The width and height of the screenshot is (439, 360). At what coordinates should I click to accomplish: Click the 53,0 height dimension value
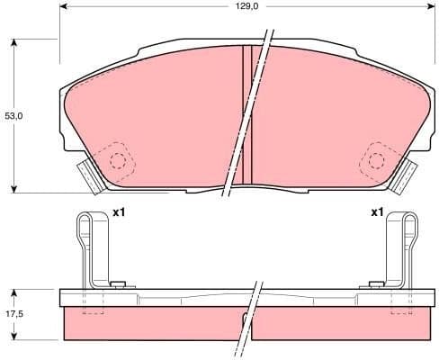pyautogui.click(x=13, y=116)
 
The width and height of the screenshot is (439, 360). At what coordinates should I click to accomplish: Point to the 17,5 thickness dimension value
pyautogui.click(x=13, y=315)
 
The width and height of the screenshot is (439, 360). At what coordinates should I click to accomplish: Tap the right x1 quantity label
pyautogui.click(x=377, y=212)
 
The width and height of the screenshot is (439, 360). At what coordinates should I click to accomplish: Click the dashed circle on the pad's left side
pyautogui.click(x=117, y=160)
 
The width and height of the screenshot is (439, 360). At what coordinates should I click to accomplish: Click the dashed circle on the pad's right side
pyautogui.click(x=374, y=160)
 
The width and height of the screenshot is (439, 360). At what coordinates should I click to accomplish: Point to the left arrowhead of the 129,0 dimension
pyautogui.click(x=65, y=6)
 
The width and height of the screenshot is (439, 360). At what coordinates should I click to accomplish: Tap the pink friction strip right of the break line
pyautogui.click(x=342, y=324)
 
